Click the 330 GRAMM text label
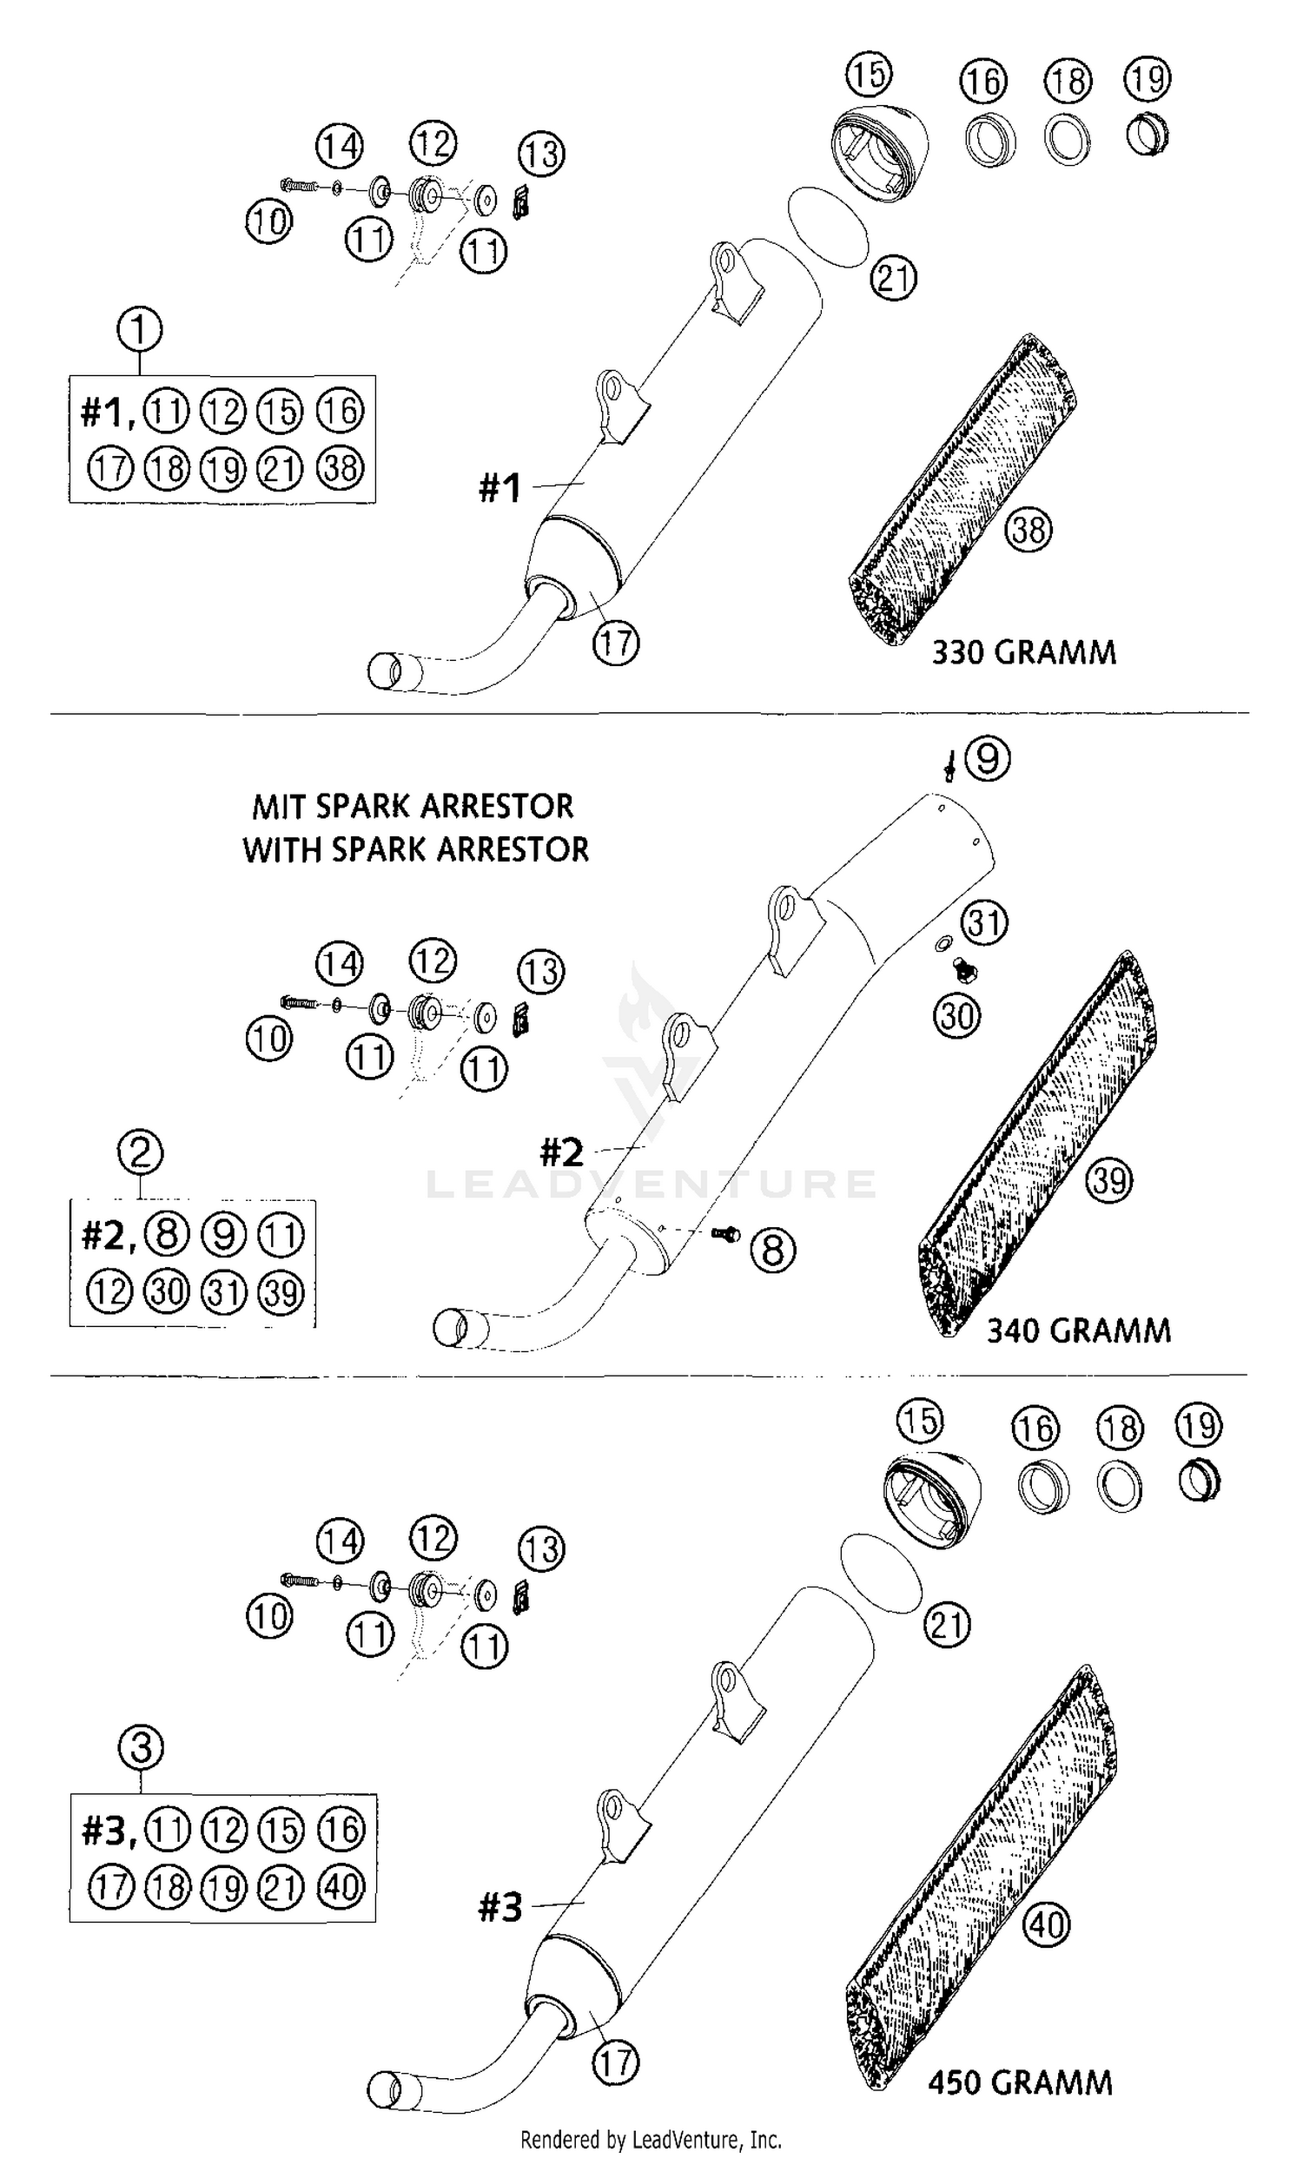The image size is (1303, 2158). coord(1022,653)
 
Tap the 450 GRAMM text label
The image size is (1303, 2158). coord(1019,2082)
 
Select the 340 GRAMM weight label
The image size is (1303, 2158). coord(1078,1330)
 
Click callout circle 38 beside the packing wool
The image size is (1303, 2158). coord(1029,529)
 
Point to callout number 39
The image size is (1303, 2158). coord(1109,1179)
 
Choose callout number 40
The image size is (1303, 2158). coord(1046,1924)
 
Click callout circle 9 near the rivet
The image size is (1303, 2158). coord(988,758)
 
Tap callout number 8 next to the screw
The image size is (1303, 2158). coord(773,1250)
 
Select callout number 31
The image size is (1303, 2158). coord(984,922)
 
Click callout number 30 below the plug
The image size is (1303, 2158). coord(957,1016)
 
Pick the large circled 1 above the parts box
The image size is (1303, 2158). coord(139,330)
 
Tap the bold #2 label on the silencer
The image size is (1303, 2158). coord(561,1152)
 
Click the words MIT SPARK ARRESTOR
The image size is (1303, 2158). coord(413,806)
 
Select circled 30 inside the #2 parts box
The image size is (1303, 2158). coord(167,1292)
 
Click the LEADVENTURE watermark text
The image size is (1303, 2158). coord(650,1185)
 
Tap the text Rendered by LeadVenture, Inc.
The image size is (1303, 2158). coord(650,2141)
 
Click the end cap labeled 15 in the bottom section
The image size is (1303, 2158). coord(931,1501)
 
